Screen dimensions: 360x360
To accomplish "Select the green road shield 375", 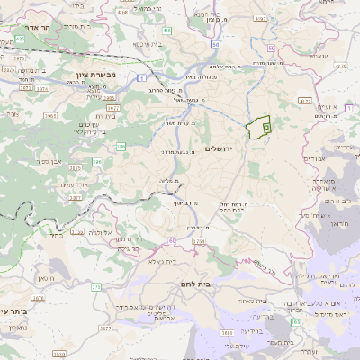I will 96,287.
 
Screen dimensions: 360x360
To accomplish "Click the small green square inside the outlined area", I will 266,128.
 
